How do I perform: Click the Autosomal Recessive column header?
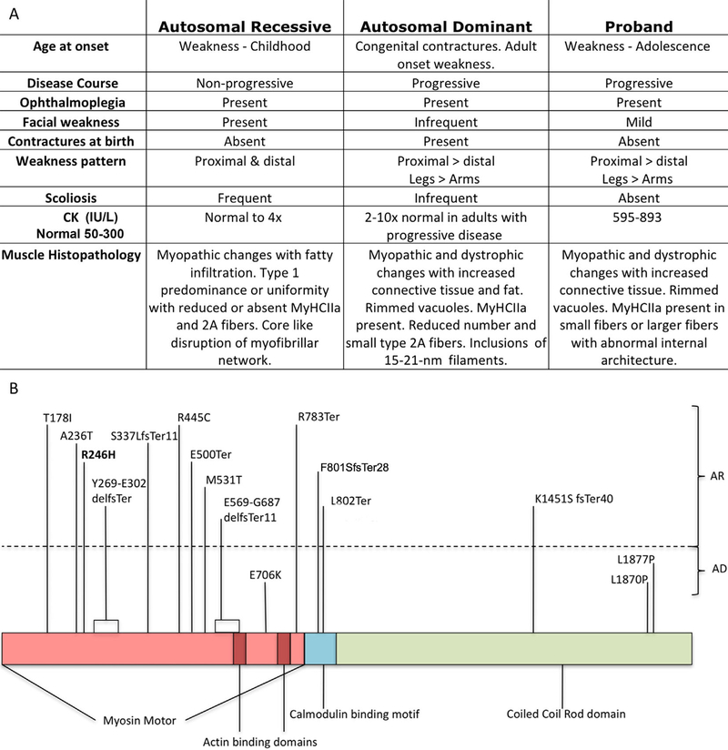(x=243, y=25)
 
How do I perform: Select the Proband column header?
(x=632, y=25)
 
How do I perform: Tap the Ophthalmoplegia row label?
(x=73, y=103)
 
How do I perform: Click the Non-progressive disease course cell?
(x=243, y=83)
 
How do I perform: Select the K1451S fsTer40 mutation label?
(x=576, y=499)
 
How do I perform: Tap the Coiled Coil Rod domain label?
(x=565, y=715)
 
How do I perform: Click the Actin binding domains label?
(x=260, y=741)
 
